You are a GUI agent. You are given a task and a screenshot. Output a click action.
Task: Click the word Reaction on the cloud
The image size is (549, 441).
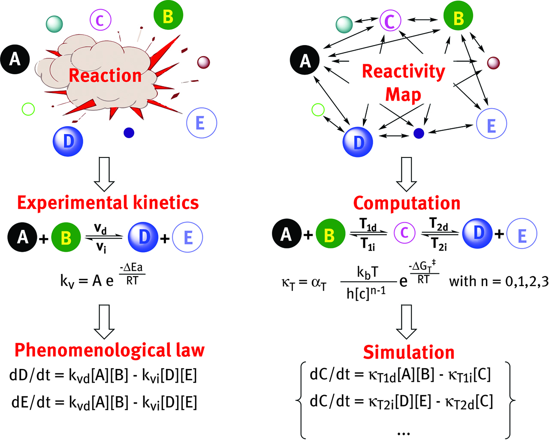tap(105, 76)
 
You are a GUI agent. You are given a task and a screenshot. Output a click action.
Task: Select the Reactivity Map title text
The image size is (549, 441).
tap(403, 82)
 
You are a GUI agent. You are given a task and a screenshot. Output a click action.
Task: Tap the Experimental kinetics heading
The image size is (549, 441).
tap(108, 202)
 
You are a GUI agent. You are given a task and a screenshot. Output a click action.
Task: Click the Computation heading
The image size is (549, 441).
tap(407, 203)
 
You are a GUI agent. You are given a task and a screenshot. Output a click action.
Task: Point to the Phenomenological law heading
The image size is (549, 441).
tap(109, 350)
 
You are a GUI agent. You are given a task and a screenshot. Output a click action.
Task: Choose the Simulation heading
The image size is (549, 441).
tap(408, 352)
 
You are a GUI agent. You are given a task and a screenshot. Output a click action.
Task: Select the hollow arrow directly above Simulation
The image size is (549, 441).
tap(406, 322)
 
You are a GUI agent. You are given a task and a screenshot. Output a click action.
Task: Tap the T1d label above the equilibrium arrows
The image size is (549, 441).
tap(368, 224)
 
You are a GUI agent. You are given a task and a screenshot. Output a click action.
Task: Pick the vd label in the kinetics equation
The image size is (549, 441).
tap(101, 229)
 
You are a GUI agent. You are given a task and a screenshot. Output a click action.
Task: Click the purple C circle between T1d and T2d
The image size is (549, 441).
tap(404, 233)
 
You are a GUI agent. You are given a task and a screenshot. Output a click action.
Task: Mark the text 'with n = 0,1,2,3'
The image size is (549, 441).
tap(498, 281)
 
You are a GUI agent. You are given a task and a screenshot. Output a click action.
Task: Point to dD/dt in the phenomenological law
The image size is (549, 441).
tap(36, 375)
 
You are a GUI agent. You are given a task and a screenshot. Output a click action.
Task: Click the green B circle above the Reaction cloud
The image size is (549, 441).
tap(168, 16)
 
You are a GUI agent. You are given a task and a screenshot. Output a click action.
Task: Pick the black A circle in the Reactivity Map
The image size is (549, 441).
tap(305, 60)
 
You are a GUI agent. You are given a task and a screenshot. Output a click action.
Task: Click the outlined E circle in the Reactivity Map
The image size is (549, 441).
tap(492, 124)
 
